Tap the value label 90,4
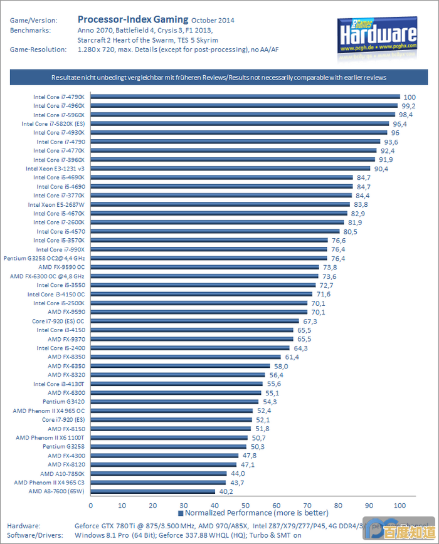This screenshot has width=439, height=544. pos(381,169)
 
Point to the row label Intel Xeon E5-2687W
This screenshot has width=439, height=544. pos(56,204)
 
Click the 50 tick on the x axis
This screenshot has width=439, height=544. pos(245,505)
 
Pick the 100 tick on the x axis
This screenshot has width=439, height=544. pos(399,505)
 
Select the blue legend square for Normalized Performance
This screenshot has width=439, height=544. pos(181,513)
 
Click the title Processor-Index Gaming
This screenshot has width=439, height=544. pos(133,19)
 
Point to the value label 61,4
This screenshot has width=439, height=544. pos(292,357)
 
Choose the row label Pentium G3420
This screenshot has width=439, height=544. pos(63,402)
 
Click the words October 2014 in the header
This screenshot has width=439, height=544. pos(213,20)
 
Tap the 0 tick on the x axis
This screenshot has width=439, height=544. pos(91,505)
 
